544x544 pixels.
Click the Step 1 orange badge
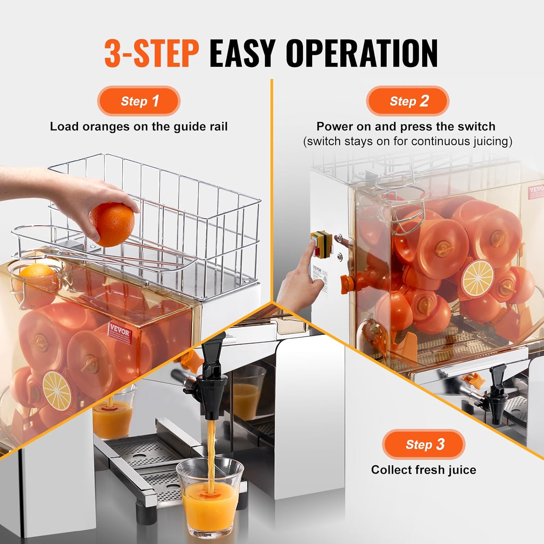pyautogui.click(x=139, y=101)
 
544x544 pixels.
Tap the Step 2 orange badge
pyautogui.click(x=408, y=101)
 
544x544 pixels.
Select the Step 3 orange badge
pyautogui.click(x=424, y=444)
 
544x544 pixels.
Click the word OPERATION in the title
pyautogui.click(x=362, y=53)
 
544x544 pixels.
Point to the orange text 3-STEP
pyautogui.click(x=152, y=53)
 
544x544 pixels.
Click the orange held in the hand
pyautogui.click(x=112, y=224)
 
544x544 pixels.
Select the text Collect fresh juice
pyautogui.click(x=423, y=470)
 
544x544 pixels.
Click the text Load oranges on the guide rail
pyautogui.click(x=139, y=127)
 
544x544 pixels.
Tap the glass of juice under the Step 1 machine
pyautogui.click(x=114, y=413)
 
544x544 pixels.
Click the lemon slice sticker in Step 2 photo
pyautogui.click(x=478, y=278)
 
